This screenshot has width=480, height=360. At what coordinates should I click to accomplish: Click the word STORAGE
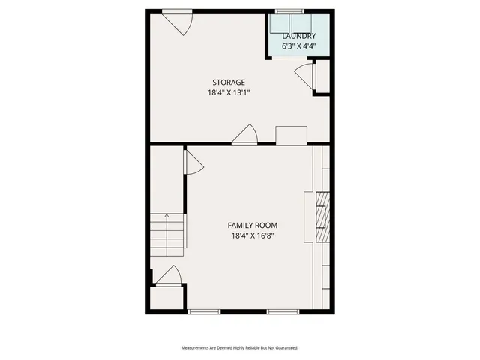(229, 82)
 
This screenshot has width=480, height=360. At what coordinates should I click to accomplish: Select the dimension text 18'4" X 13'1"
(229, 93)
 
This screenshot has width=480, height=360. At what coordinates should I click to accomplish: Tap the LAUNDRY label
(298, 36)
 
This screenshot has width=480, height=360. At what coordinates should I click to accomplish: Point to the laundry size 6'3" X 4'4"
(298, 46)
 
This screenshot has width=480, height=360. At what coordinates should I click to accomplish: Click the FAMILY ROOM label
(253, 225)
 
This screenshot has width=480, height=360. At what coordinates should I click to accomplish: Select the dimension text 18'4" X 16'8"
(253, 235)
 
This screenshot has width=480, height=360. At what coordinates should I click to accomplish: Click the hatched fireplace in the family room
(322, 217)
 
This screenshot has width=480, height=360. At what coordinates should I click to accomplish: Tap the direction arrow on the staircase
(166, 216)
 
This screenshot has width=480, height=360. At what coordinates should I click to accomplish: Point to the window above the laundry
(289, 11)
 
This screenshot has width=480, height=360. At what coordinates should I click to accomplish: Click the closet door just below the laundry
(303, 76)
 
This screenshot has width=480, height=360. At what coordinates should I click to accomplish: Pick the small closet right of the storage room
(322, 76)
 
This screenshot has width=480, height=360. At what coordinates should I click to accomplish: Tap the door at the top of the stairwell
(192, 162)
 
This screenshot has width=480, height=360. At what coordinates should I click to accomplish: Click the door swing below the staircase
(168, 276)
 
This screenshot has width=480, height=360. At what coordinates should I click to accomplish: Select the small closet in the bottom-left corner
(166, 297)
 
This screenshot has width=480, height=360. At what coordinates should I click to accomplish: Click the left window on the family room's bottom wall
(204, 310)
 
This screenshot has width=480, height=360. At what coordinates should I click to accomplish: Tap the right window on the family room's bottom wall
(283, 310)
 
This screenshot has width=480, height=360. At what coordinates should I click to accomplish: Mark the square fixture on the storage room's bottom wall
(292, 136)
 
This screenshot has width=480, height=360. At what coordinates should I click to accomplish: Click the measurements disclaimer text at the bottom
(240, 348)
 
